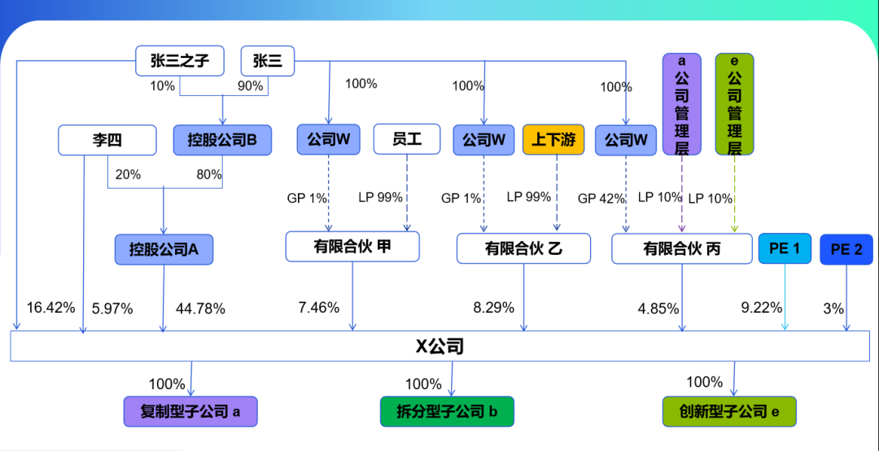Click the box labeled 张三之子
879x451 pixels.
point(179,61)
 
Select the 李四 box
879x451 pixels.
point(107,140)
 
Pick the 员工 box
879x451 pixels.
point(406,139)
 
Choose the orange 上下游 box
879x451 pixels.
point(553,140)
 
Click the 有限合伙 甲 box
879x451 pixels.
point(352,247)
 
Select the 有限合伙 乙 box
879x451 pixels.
point(523,248)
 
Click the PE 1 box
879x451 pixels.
point(785,248)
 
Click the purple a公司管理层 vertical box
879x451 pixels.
point(682,104)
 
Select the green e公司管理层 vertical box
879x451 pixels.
point(734,104)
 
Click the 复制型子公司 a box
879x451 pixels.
point(190,411)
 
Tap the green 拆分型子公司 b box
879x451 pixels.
point(447,411)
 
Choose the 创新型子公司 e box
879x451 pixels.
point(728,411)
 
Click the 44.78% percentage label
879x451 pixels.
point(200,309)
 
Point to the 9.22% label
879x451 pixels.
point(761,308)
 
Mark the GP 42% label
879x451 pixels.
point(601,198)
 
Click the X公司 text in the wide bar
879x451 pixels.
point(439,347)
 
